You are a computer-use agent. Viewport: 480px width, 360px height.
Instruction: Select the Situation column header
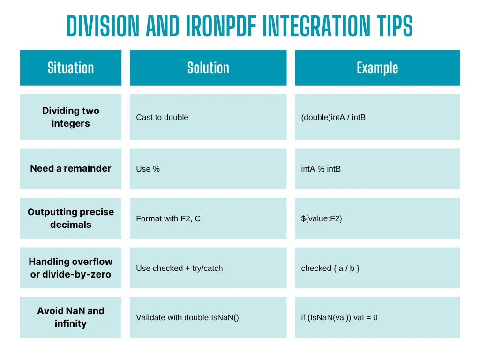[x=71, y=67]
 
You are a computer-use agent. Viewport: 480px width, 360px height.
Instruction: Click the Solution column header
[x=208, y=67]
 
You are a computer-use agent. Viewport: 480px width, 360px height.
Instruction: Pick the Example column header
[x=377, y=67]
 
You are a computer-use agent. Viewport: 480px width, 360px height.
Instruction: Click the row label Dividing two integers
[x=71, y=117]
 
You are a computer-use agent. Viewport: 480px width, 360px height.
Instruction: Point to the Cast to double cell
[x=162, y=117]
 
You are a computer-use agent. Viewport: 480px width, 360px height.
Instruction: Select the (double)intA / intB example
[x=333, y=117]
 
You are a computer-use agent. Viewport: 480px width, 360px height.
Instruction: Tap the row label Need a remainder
[x=71, y=168]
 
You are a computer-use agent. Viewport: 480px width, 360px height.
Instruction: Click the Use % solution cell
[x=148, y=169]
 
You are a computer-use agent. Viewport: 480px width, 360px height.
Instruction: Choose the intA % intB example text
[x=321, y=169]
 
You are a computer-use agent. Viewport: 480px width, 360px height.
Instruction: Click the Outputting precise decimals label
[x=71, y=218]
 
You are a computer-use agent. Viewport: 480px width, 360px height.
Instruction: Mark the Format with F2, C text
[x=168, y=218]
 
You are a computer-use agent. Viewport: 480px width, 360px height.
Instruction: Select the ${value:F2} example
[x=322, y=218]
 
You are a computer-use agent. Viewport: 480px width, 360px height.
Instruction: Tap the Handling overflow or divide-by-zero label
[x=71, y=268]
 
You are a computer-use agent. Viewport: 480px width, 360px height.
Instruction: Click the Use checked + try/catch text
[x=180, y=268]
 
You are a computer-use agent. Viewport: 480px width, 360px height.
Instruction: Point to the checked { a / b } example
[x=330, y=268]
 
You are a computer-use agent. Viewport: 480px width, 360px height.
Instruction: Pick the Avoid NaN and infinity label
[x=71, y=317]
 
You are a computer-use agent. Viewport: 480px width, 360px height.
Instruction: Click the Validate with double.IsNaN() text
[x=187, y=317]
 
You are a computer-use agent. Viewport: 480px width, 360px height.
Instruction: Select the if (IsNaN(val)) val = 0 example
[x=339, y=317]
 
